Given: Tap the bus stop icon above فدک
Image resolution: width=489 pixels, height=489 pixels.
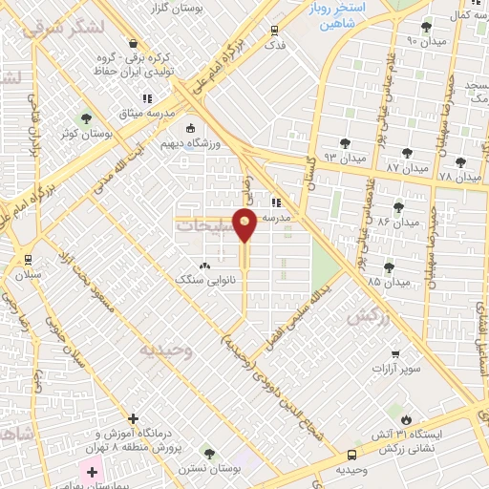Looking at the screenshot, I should point(275,31).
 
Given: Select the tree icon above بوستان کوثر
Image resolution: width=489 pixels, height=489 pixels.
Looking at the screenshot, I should point(87,119).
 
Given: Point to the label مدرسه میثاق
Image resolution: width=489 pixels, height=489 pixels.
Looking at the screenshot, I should point(147,112).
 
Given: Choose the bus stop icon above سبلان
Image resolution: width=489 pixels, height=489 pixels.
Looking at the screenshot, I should point(27,259).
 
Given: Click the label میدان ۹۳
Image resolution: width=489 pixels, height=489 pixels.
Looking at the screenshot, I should point(344,157).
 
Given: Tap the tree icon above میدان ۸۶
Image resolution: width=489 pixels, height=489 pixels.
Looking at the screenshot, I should point(398,207).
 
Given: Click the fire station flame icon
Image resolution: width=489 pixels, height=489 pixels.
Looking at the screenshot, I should point(407,418).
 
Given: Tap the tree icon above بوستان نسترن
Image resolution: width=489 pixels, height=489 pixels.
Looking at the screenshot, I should point(209,453).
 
